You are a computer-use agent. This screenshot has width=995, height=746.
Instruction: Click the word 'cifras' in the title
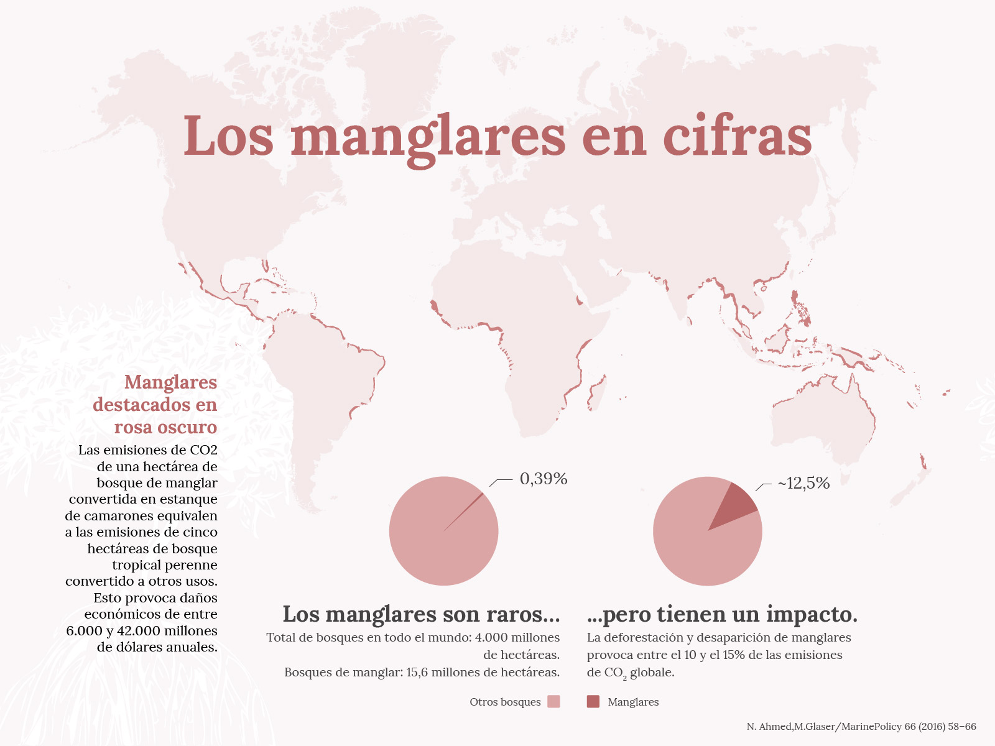738,137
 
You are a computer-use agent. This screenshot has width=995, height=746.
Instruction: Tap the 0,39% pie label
544,479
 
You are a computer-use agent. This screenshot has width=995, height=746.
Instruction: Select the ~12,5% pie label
803,483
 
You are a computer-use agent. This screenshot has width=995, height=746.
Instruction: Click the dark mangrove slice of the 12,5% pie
736,504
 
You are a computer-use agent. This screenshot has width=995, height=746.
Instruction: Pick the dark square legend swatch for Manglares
593,702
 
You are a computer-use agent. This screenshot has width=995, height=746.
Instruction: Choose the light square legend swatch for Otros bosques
553,702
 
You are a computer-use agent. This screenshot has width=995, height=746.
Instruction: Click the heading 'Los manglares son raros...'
421,614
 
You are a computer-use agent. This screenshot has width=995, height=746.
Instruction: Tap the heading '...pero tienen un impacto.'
722,614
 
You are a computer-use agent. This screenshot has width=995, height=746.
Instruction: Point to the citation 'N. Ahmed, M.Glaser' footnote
861,726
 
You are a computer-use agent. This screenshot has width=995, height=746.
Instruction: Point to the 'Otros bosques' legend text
505,702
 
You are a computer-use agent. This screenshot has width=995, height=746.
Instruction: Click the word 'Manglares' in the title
428,137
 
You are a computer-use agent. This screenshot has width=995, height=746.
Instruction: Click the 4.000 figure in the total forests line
491,637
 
